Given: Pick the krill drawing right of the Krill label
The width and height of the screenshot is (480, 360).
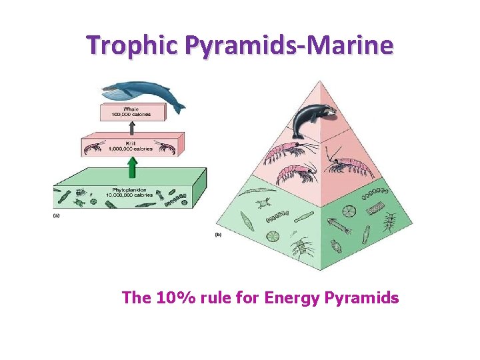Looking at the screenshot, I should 165,146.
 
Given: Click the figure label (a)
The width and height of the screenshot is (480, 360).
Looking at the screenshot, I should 57,215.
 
